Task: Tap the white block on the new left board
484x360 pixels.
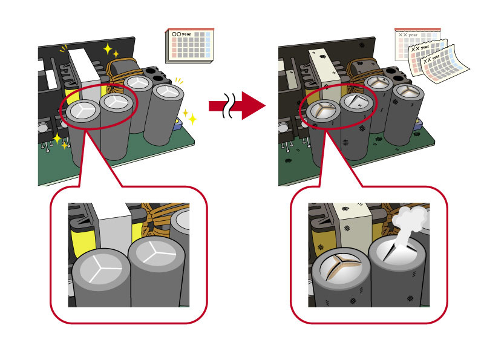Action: point(82,67)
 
